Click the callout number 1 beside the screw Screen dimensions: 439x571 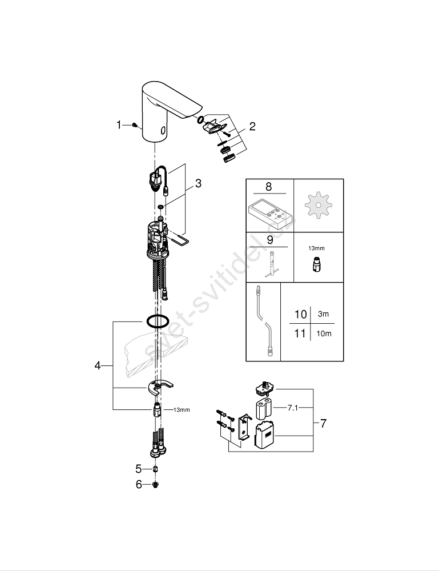tap(119, 125)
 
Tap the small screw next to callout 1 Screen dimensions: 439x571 tap(135, 125)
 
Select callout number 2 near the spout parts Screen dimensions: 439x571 tap(252, 126)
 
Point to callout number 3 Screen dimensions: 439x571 tap(198, 183)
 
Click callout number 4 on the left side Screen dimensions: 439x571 tap(98, 365)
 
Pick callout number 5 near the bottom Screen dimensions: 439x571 tap(138, 469)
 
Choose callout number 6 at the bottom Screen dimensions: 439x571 tap(139, 485)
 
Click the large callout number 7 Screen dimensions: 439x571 tap(323, 423)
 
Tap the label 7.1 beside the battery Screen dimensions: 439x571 tap(293, 408)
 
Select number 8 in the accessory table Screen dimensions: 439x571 tap(269, 187)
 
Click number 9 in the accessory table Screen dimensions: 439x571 tap(269, 240)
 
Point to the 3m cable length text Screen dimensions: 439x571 tap(323, 314)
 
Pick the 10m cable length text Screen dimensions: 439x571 tap(324, 333)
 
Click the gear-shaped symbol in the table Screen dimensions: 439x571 tap(318, 206)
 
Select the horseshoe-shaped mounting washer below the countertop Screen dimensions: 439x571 tap(160, 387)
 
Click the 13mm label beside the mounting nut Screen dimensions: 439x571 tap(182, 409)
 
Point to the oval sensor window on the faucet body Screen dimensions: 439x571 tap(163, 130)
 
